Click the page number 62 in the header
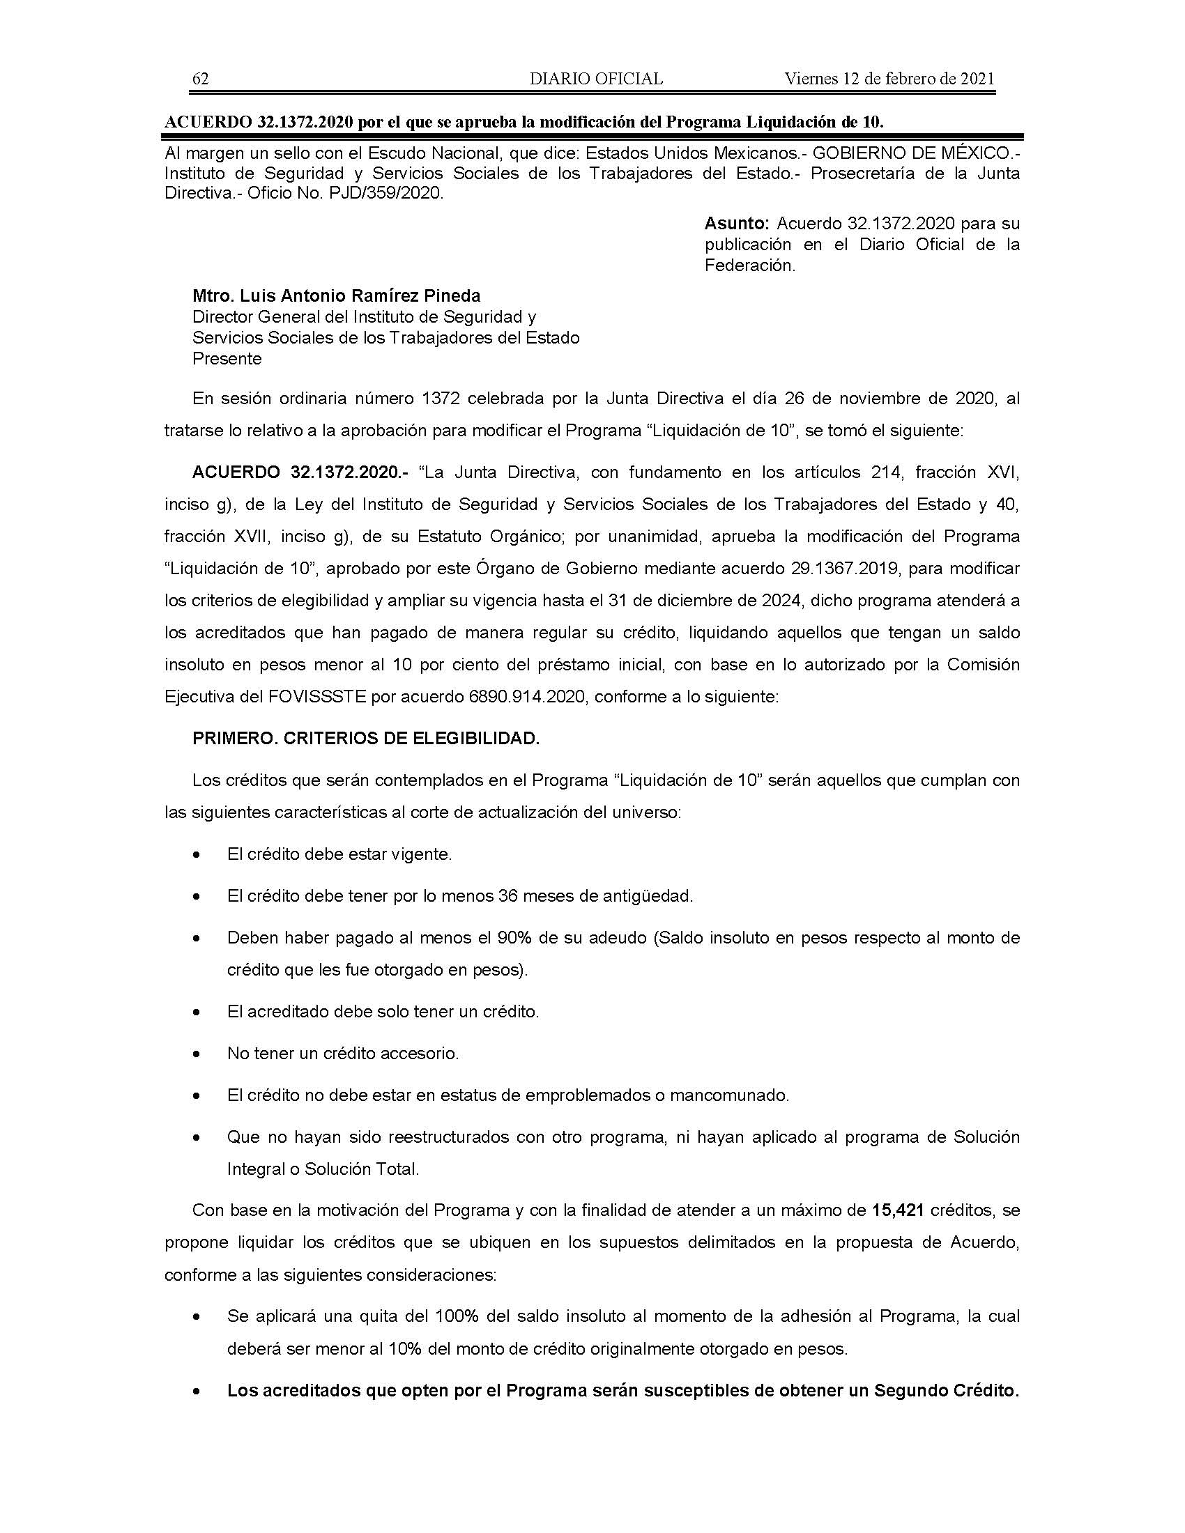[200, 79]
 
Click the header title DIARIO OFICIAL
[596, 79]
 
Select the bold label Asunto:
[737, 224]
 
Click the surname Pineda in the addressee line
[450, 295]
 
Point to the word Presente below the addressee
[227, 359]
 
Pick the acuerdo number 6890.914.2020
[526, 697]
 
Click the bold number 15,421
[896, 1210]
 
